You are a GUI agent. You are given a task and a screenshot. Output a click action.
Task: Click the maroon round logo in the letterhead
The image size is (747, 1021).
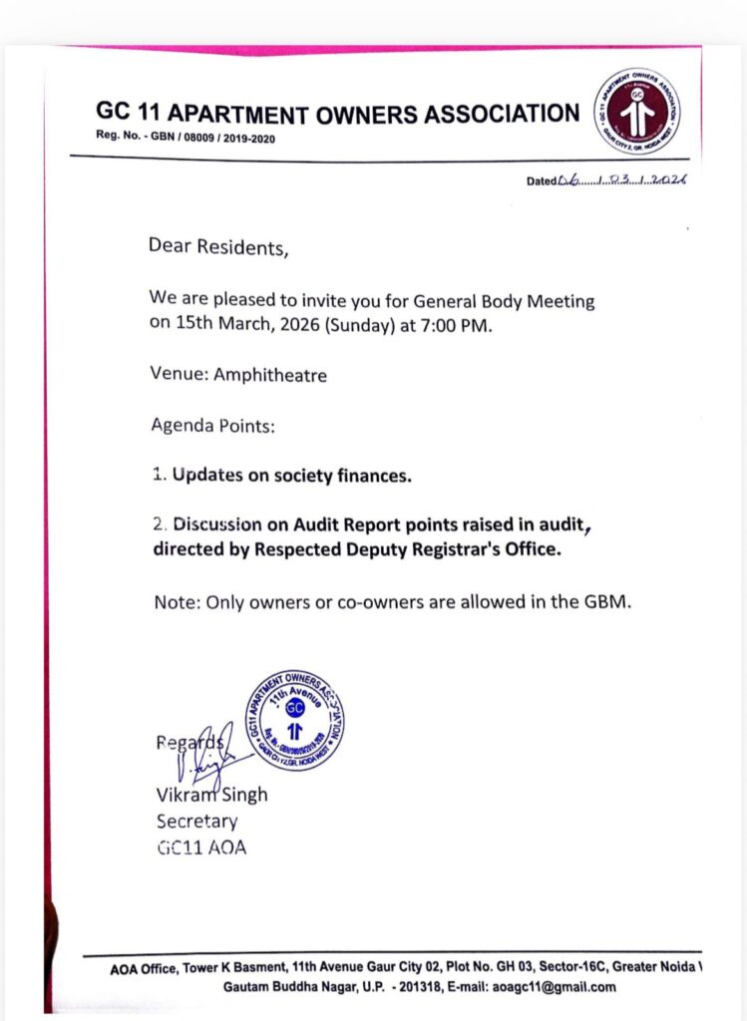(x=638, y=112)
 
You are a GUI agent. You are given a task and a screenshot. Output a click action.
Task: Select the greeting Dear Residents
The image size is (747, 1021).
(x=218, y=246)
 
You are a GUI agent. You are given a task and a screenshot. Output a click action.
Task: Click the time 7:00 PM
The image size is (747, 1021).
(x=458, y=324)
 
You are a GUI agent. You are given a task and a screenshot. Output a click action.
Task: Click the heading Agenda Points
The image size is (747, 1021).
(x=212, y=427)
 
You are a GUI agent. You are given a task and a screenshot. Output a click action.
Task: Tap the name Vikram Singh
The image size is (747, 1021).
(x=211, y=796)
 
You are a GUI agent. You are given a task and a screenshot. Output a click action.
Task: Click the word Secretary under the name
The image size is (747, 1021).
(x=196, y=822)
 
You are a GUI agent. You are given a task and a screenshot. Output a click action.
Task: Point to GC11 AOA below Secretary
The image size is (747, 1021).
(x=200, y=848)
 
